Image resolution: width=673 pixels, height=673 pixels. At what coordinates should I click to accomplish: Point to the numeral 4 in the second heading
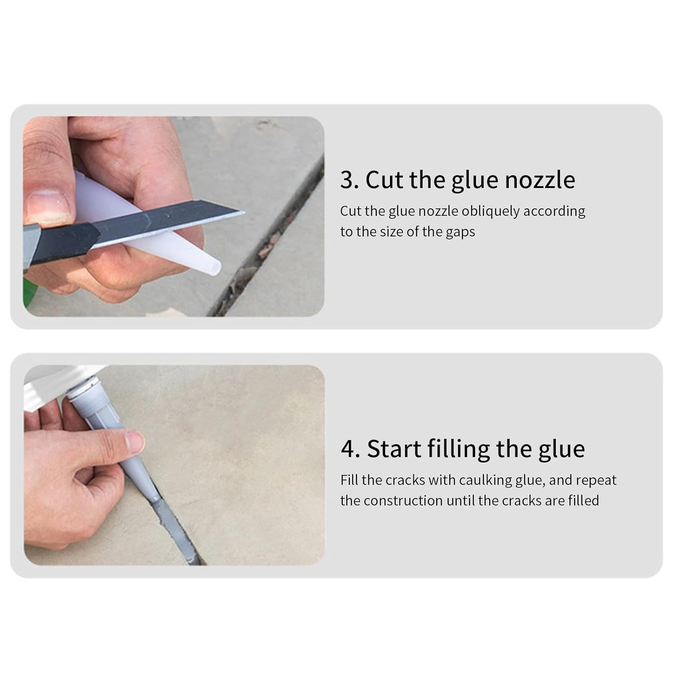point(350,449)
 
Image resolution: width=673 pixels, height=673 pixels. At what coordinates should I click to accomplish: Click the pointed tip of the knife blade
point(243,211)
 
